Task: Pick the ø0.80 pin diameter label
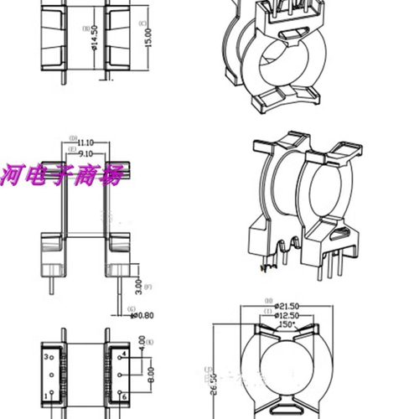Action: [146, 316]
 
